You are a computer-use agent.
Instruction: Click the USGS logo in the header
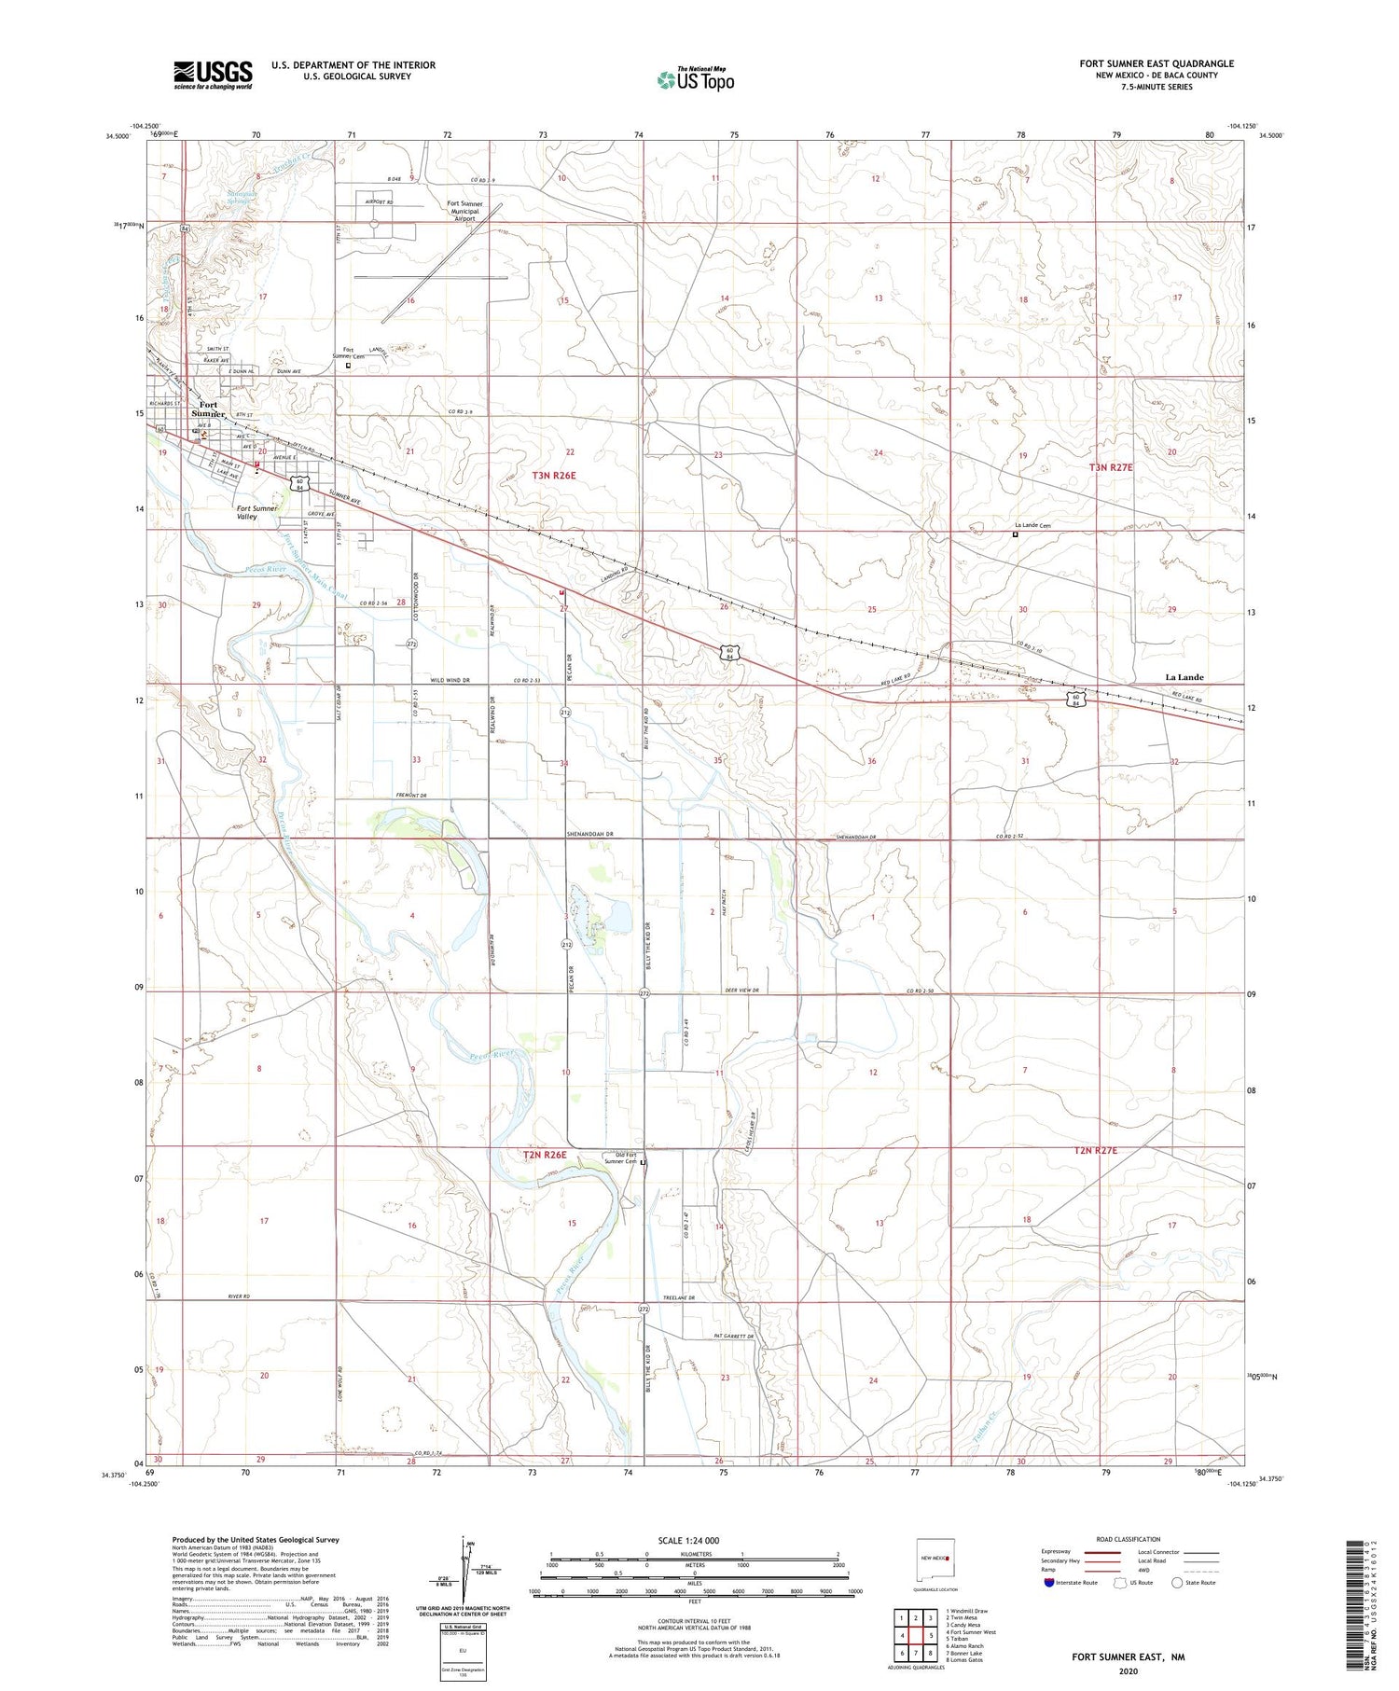pos(213,75)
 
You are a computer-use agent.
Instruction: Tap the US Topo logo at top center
pos(695,80)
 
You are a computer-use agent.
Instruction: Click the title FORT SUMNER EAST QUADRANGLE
pos(1156,63)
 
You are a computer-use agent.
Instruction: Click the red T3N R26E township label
pos(554,476)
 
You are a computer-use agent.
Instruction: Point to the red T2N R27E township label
pos(1095,1151)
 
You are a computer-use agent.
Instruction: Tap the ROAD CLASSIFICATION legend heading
pos(1128,1539)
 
